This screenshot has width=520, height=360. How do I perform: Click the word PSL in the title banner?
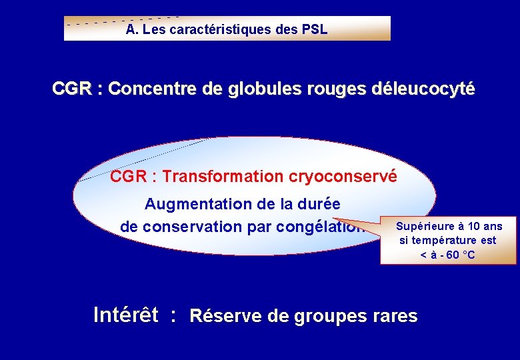click(314, 29)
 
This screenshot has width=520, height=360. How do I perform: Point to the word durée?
click(317, 203)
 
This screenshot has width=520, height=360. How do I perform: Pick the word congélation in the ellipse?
click(323, 227)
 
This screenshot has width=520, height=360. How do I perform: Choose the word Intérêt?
click(126, 314)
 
